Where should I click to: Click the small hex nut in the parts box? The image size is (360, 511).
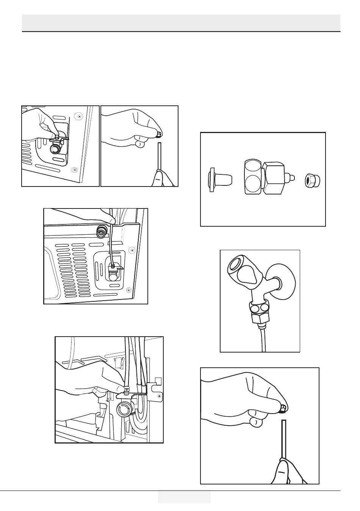pyautogui.click(x=313, y=180)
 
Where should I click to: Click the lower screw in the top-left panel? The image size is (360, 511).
pyautogui.click(x=75, y=169)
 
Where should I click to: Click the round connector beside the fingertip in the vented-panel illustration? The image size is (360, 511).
pyautogui.click(x=102, y=232)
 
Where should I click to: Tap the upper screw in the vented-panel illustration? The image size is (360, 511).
pyautogui.click(x=132, y=250)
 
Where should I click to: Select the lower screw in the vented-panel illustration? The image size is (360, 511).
pyautogui.click(x=128, y=290)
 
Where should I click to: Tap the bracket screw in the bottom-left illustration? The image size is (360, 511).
pyautogui.click(x=159, y=397)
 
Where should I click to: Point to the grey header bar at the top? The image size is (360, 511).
pyautogui.click(x=181, y=23)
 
